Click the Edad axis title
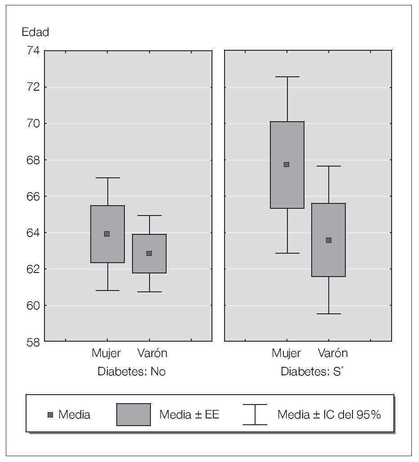pyautogui.click(x=35, y=32)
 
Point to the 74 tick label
pyautogui.click(x=32, y=51)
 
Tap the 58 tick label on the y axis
pyautogui.click(x=32, y=342)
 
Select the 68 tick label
pyautogui.click(x=32, y=160)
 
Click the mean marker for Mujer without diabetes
pyautogui.click(x=107, y=234)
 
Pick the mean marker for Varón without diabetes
pyautogui.click(x=149, y=253)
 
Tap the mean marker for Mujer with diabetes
pyautogui.click(x=287, y=164)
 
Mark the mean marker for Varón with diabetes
pyautogui.click(x=329, y=240)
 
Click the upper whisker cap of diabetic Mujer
pyautogui.click(x=287, y=77)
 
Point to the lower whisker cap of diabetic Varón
pyautogui.click(x=329, y=314)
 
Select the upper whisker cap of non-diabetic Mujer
pyautogui.click(x=108, y=178)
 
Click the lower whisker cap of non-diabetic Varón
pyautogui.click(x=149, y=292)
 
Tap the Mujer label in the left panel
pyautogui.click(x=106, y=353)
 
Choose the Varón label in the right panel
pyautogui.click(x=333, y=353)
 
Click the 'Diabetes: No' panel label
pyautogui.click(x=131, y=372)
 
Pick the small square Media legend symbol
pyautogui.click(x=50, y=415)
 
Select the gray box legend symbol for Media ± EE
pyautogui.click(x=133, y=414)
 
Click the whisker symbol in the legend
pyautogui.click(x=255, y=414)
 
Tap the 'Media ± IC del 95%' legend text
pyautogui.click(x=329, y=414)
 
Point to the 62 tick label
pyautogui.click(x=32, y=269)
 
